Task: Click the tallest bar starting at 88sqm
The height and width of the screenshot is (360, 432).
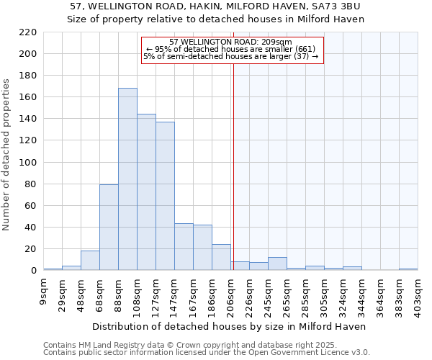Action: click(127, 179)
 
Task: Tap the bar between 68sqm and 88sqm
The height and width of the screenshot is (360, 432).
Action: click(109, 228)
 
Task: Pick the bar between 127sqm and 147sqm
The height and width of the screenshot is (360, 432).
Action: click(165, 196)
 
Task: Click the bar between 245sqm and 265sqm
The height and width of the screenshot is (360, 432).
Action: click(277, 264)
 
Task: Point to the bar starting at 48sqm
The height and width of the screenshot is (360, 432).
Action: click(90, 261)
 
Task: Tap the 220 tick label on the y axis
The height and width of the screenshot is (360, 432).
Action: click(28, 32)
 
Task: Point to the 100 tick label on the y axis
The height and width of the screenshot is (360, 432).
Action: click(28, 163)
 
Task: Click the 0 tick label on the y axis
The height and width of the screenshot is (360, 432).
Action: click(33, 271)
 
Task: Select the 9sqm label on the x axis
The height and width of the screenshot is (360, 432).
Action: click(44, 293)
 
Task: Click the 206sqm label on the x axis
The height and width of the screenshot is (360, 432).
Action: click(231, 297)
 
